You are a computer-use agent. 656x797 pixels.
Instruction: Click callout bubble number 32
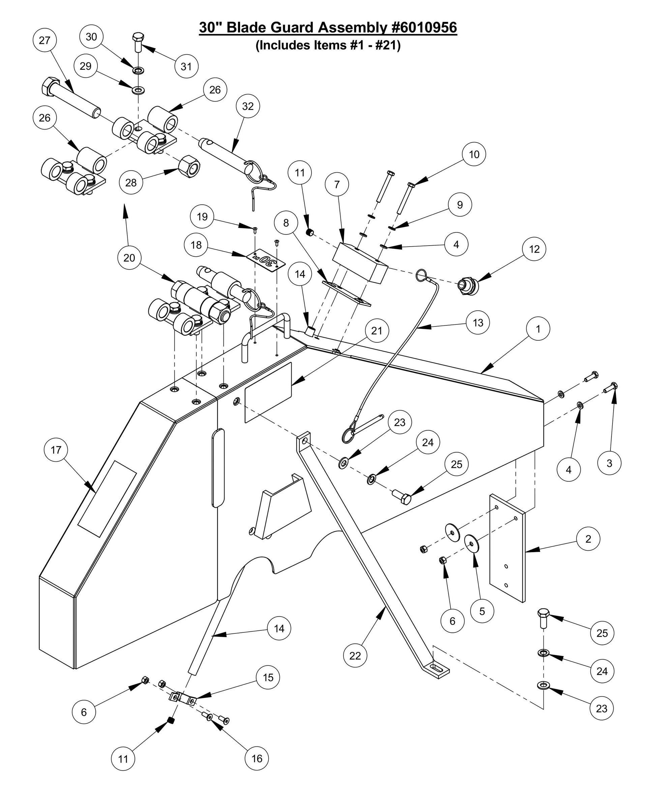(x=247, y=107)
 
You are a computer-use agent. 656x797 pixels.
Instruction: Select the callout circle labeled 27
(x=44, y=40)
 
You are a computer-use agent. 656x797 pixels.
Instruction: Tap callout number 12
(x=534, y=249)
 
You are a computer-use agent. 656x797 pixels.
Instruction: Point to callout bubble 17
(x=56, y=450)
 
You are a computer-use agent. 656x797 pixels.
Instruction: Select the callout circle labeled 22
(x=355, y=656)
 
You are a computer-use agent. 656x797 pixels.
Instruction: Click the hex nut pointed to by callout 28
(x=188, y=165)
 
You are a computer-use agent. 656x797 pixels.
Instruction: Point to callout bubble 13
(x=478, y=323)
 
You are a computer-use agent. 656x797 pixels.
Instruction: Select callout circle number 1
(x=538, y=329)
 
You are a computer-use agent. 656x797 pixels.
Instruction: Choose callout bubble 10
(x=474, y=154)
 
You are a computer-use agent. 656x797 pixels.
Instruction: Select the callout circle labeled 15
(x=268, y=678)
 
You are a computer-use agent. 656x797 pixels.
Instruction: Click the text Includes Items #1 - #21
(x=328, y=46)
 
